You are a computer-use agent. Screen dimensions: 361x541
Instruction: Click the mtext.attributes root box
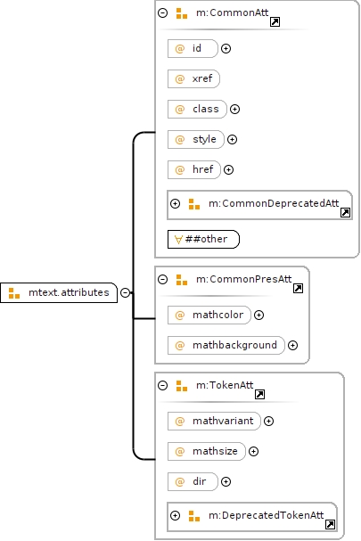(x=59, y=292)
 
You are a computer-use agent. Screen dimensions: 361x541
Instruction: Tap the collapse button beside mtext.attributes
(x=126, y=292)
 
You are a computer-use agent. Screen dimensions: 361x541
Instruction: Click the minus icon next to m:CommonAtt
(x=162, y=12)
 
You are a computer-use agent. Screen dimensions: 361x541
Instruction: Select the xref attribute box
(x=193, y=78)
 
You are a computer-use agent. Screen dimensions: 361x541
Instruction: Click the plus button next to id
(x=226, y=49)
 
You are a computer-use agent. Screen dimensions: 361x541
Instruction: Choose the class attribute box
(x=197, y=109)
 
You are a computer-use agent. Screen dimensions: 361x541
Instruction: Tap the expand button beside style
(x=232, y=139)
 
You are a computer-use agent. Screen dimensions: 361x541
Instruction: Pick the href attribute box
(x=194, y=169)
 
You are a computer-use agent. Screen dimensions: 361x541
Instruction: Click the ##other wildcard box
(x=203, y=239)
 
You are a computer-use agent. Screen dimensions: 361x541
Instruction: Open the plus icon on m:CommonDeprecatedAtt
(x=176, y=203)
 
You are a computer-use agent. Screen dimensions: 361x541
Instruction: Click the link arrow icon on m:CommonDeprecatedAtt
(x=345, y=212)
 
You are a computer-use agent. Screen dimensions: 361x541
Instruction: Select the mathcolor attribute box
(x=209, y=315)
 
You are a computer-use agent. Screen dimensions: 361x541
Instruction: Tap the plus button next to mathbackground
(x=292, y=346)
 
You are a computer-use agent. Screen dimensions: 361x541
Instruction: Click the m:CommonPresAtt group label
(x=243, y=279)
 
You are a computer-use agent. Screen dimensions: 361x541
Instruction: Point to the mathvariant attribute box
(x=214, y=422)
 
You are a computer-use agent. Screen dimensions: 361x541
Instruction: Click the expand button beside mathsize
(x=253, y=451)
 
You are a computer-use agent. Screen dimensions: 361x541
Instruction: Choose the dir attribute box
(x=193, y=481)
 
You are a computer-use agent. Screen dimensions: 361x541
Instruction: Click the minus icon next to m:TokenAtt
(x=162, y=385)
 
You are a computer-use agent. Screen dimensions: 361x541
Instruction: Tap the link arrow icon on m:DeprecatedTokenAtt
(x=330, y=524)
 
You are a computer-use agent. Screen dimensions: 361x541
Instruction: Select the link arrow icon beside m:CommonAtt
(x=275, y=22)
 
